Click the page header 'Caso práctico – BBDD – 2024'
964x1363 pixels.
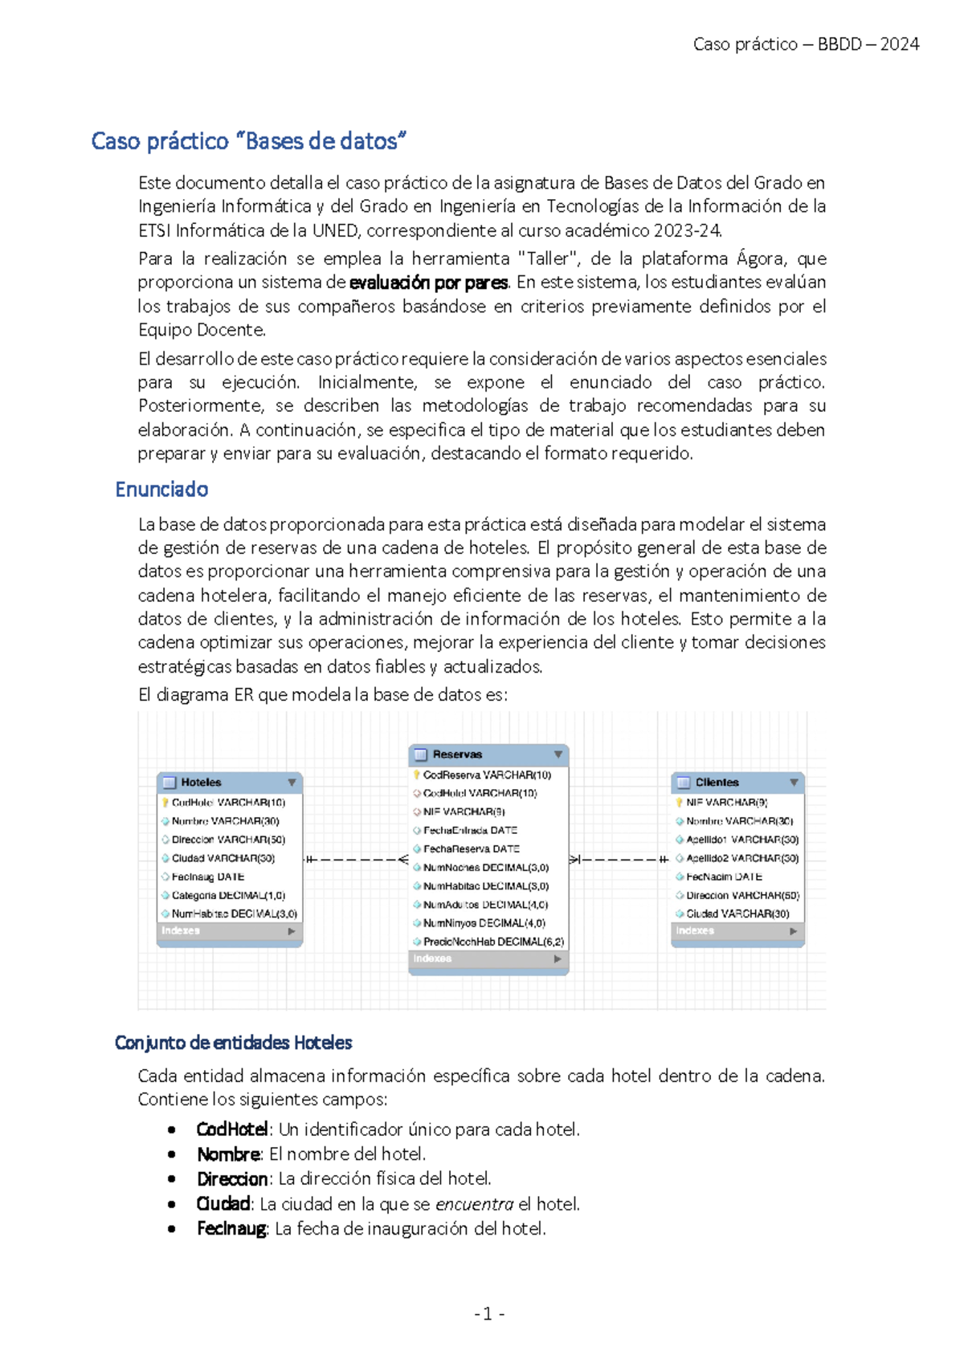click(x=806, y=44)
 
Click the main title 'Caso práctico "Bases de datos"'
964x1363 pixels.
click(x=248, y=141)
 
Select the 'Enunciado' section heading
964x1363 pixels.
click(x=161, y=489)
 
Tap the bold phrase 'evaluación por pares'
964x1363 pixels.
click(x=428, y=283)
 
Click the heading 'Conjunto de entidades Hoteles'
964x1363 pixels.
click(x=233, y=1043)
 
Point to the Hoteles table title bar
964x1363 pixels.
click(x=229, y=782)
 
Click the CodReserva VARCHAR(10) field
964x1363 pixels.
click(x=486, y=775)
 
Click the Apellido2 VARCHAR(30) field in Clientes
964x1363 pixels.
click(x=741, y=858)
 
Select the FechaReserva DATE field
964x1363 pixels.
click(x=471, y=848)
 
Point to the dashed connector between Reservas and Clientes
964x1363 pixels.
click(x=619, y=859)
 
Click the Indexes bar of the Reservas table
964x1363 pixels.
click(x=488, y=958)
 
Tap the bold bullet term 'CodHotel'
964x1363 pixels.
click(x=231, y=1129)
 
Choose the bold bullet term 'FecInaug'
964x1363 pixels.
click(x=231, y=1228)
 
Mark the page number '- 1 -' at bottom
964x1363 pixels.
click(x=488, y=1313)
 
